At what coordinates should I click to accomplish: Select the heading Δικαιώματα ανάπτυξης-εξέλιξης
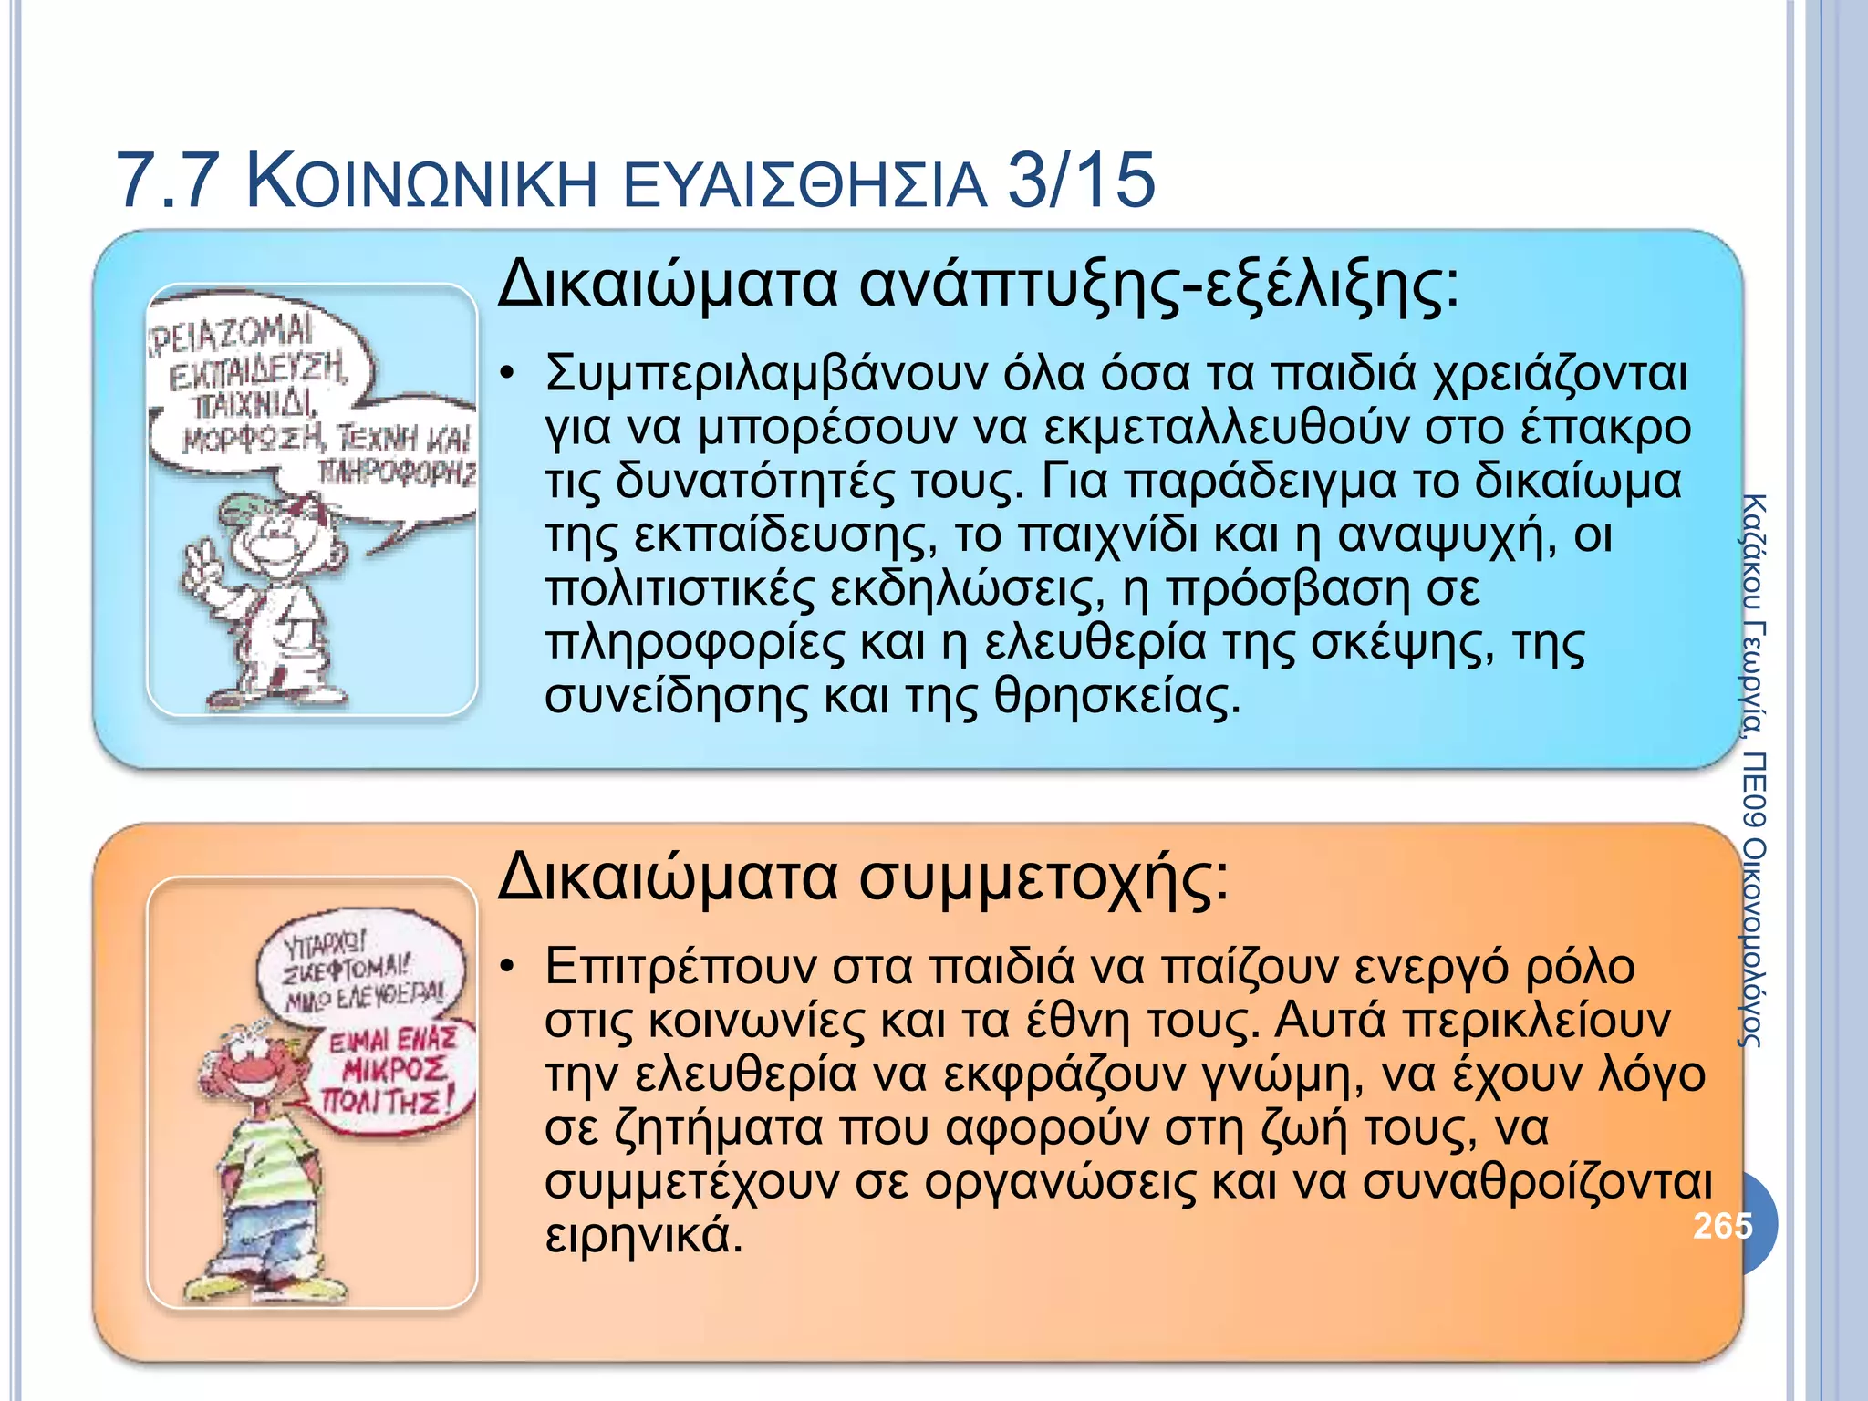pos(978,284)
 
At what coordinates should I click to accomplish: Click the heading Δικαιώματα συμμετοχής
pos(863,877)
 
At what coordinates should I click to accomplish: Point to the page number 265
pos(1722,1225)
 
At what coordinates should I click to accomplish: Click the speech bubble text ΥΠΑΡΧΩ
pos(325,941)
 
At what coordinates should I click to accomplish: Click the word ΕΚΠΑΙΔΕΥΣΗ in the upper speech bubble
pos(257,373)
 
